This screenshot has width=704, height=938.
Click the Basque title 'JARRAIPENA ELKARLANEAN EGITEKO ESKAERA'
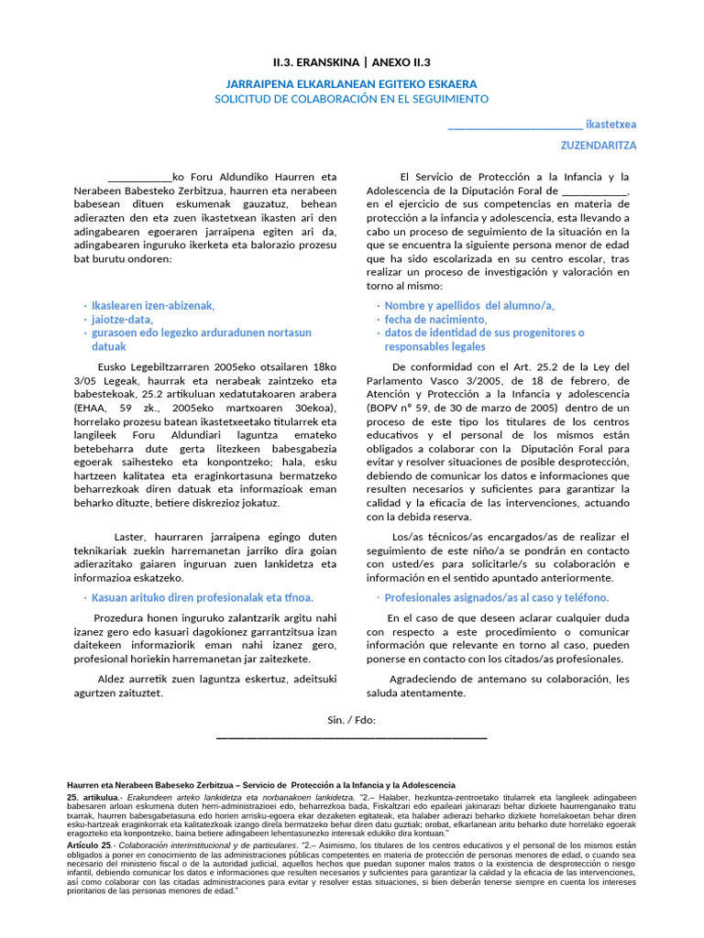tap(352, 83)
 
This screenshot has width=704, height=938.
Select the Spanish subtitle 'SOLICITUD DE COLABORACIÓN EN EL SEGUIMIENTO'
tap(352, 99)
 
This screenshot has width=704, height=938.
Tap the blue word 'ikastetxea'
tap(611, 124)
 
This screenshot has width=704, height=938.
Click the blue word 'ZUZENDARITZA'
tap(599, 146)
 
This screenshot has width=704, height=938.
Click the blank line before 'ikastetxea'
tap(514, 125)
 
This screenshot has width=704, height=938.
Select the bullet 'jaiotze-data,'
tap(122, 319)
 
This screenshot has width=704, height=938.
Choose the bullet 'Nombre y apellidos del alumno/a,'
tap(468, 306)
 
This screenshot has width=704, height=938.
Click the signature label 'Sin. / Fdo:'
tap(352, 720)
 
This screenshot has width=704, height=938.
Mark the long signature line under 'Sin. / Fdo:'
tap(352, 736)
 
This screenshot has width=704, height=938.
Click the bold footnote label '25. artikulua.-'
tap(97, 799)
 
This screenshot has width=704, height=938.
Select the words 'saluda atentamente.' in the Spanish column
tap(416, 693)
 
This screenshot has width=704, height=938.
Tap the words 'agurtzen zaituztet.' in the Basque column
tap(118, 693)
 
